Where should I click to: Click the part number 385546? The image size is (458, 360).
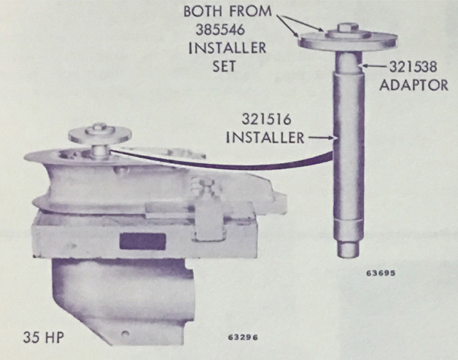[220, 29]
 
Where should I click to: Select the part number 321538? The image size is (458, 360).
[414, 67]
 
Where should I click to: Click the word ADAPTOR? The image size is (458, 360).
[414, 85]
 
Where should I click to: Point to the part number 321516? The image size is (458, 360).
[266, 120]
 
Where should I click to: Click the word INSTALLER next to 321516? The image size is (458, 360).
[265, 138]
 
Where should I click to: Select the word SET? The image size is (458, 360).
[224, 66]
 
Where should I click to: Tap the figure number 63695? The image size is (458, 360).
[381, 273]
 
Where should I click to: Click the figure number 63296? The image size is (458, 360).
[243, 337]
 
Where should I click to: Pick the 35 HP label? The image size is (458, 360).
[44, 338]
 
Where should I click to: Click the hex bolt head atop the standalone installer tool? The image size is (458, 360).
[346, 28]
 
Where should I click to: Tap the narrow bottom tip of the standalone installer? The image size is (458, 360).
[348, 249]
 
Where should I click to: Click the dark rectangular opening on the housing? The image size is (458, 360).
[142, 242]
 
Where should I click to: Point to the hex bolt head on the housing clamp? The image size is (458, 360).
[207, 185]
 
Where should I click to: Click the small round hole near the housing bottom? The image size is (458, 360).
[125, 333]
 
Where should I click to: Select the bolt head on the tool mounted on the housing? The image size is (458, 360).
[100, 128]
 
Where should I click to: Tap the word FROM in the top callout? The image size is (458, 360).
[250, 12]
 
